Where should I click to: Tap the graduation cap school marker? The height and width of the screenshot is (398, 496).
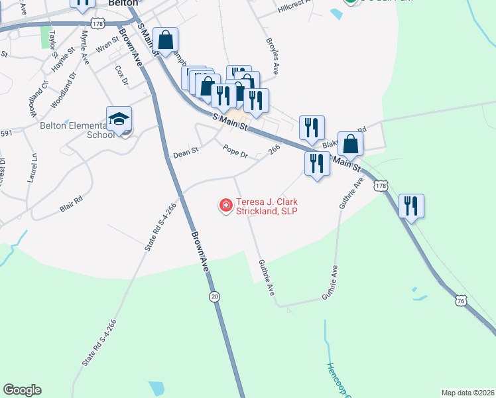coord(119,120)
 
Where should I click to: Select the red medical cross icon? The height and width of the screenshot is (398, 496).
coord(225,206)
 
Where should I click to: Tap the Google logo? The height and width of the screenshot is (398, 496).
coord(22,390)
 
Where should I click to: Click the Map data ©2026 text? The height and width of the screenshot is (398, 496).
coord(466,392)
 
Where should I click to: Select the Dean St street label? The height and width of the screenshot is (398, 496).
coord(186,153)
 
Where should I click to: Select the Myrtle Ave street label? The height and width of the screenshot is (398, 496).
coord(85,46)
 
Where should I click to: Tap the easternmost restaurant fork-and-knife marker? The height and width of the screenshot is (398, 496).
coord(412,206)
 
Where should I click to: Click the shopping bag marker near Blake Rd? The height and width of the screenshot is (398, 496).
coord(350,144)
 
